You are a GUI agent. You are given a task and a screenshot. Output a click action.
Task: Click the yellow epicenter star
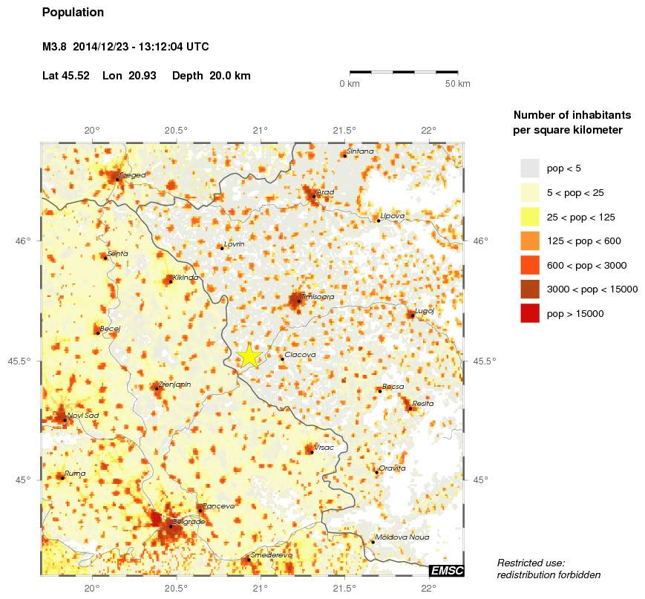[x=249, y=356]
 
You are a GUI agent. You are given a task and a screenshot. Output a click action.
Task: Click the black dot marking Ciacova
[x=282, y=359]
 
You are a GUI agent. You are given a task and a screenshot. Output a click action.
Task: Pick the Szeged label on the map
[x=134, y=175]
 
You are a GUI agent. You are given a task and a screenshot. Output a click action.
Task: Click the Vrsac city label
[x=324, y=447]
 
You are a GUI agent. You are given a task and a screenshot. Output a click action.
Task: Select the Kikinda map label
[x=186, y=278]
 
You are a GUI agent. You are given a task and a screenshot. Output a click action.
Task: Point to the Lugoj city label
[x=425, y=311]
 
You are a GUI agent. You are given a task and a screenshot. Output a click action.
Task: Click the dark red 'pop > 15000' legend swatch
[x=530, y=313]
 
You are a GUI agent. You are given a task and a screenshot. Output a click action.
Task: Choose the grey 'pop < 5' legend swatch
[x=530, y=168]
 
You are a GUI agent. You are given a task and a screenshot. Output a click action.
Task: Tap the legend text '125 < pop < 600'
[x=583, y=240]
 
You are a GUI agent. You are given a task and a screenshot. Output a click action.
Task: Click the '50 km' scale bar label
[x=457, y=84]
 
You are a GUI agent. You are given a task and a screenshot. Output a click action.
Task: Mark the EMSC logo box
[x=447, y=570]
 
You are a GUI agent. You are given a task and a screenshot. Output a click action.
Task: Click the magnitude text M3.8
[x=56, y=47]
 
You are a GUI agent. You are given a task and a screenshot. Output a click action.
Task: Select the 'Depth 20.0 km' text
[x=211, y=76]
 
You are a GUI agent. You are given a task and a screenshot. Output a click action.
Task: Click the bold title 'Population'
[x=73, y=13]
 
